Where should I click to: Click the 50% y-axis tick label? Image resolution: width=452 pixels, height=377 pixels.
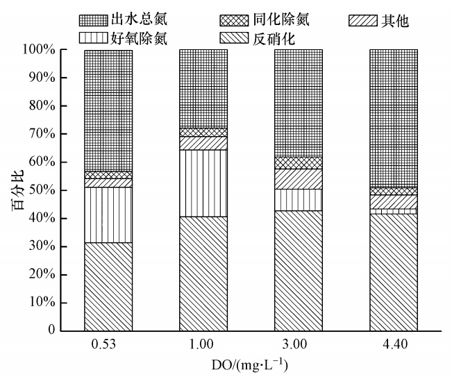tap(46, 190)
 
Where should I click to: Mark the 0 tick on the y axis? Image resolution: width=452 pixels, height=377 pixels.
tap(54, 330)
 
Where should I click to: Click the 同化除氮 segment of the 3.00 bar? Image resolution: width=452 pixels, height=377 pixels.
tap(299, 163)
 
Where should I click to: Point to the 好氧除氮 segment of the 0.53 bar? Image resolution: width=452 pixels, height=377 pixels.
tap(108, 215)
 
